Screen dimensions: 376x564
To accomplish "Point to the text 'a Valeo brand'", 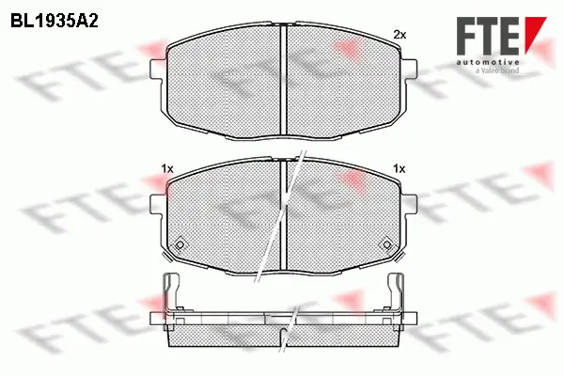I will point(498,68).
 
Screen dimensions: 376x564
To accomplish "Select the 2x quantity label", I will point(399,35).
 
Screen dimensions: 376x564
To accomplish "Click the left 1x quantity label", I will point(167,168).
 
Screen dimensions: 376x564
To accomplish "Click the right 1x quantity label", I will point(399,168).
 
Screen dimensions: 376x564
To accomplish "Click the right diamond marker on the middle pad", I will point(384,244).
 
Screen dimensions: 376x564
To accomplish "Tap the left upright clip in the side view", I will point(169,293).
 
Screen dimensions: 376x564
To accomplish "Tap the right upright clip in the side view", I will point(397,293).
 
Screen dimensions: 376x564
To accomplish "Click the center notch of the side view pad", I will point(283,325).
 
